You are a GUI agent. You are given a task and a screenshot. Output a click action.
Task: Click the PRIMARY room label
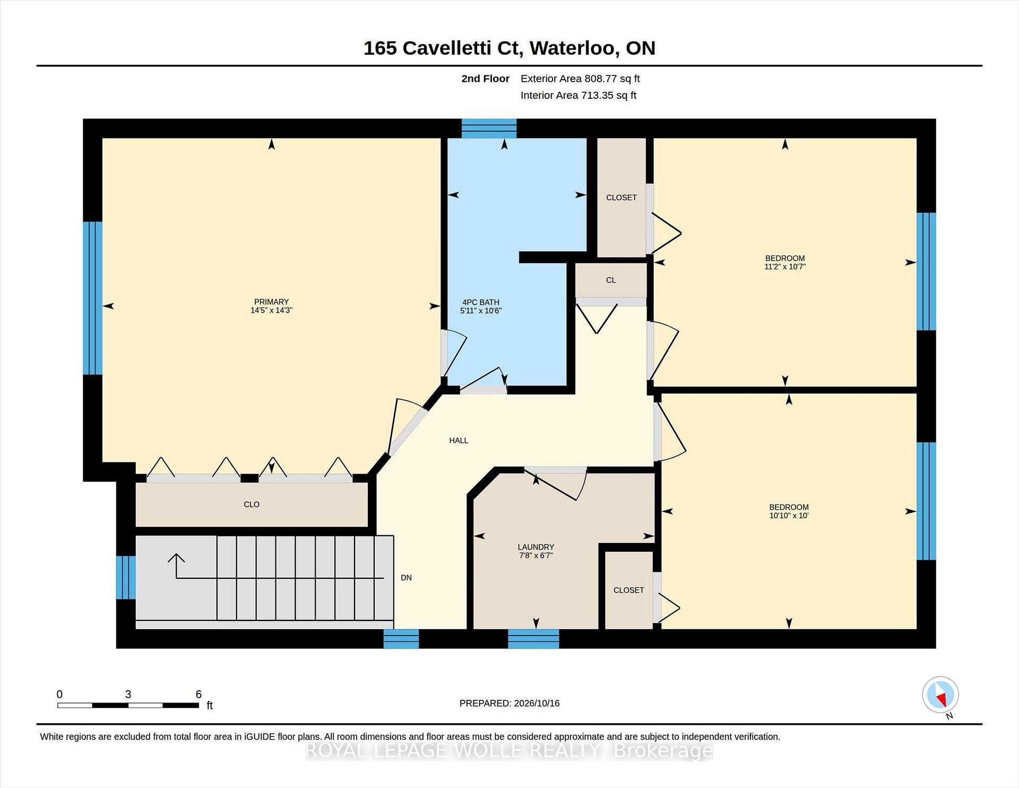271,302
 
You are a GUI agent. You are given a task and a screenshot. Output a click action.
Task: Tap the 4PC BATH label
480,302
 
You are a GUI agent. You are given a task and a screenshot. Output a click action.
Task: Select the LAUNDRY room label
536,547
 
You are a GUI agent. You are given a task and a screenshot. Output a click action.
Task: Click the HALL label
459,440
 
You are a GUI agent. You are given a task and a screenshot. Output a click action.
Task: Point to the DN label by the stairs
406,578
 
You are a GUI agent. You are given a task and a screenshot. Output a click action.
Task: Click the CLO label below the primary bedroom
252,504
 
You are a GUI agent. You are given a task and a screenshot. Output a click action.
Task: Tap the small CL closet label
611,280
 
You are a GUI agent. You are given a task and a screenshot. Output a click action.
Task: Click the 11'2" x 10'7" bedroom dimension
785,267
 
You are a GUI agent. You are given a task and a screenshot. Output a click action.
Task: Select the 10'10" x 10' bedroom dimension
789,515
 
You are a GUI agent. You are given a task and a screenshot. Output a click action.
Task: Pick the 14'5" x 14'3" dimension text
271,310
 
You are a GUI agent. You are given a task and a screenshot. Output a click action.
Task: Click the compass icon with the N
940,695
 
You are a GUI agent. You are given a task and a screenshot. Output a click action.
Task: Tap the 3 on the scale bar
128,694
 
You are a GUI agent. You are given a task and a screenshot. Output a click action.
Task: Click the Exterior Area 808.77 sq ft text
580,79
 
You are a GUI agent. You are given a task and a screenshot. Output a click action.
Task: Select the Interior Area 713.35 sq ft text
578,95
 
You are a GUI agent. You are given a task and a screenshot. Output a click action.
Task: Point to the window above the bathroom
489,129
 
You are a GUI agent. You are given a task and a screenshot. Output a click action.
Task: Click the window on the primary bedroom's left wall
92,298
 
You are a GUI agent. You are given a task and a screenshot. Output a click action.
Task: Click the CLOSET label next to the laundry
628,590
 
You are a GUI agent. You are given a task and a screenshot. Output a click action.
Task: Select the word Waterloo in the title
573,48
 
